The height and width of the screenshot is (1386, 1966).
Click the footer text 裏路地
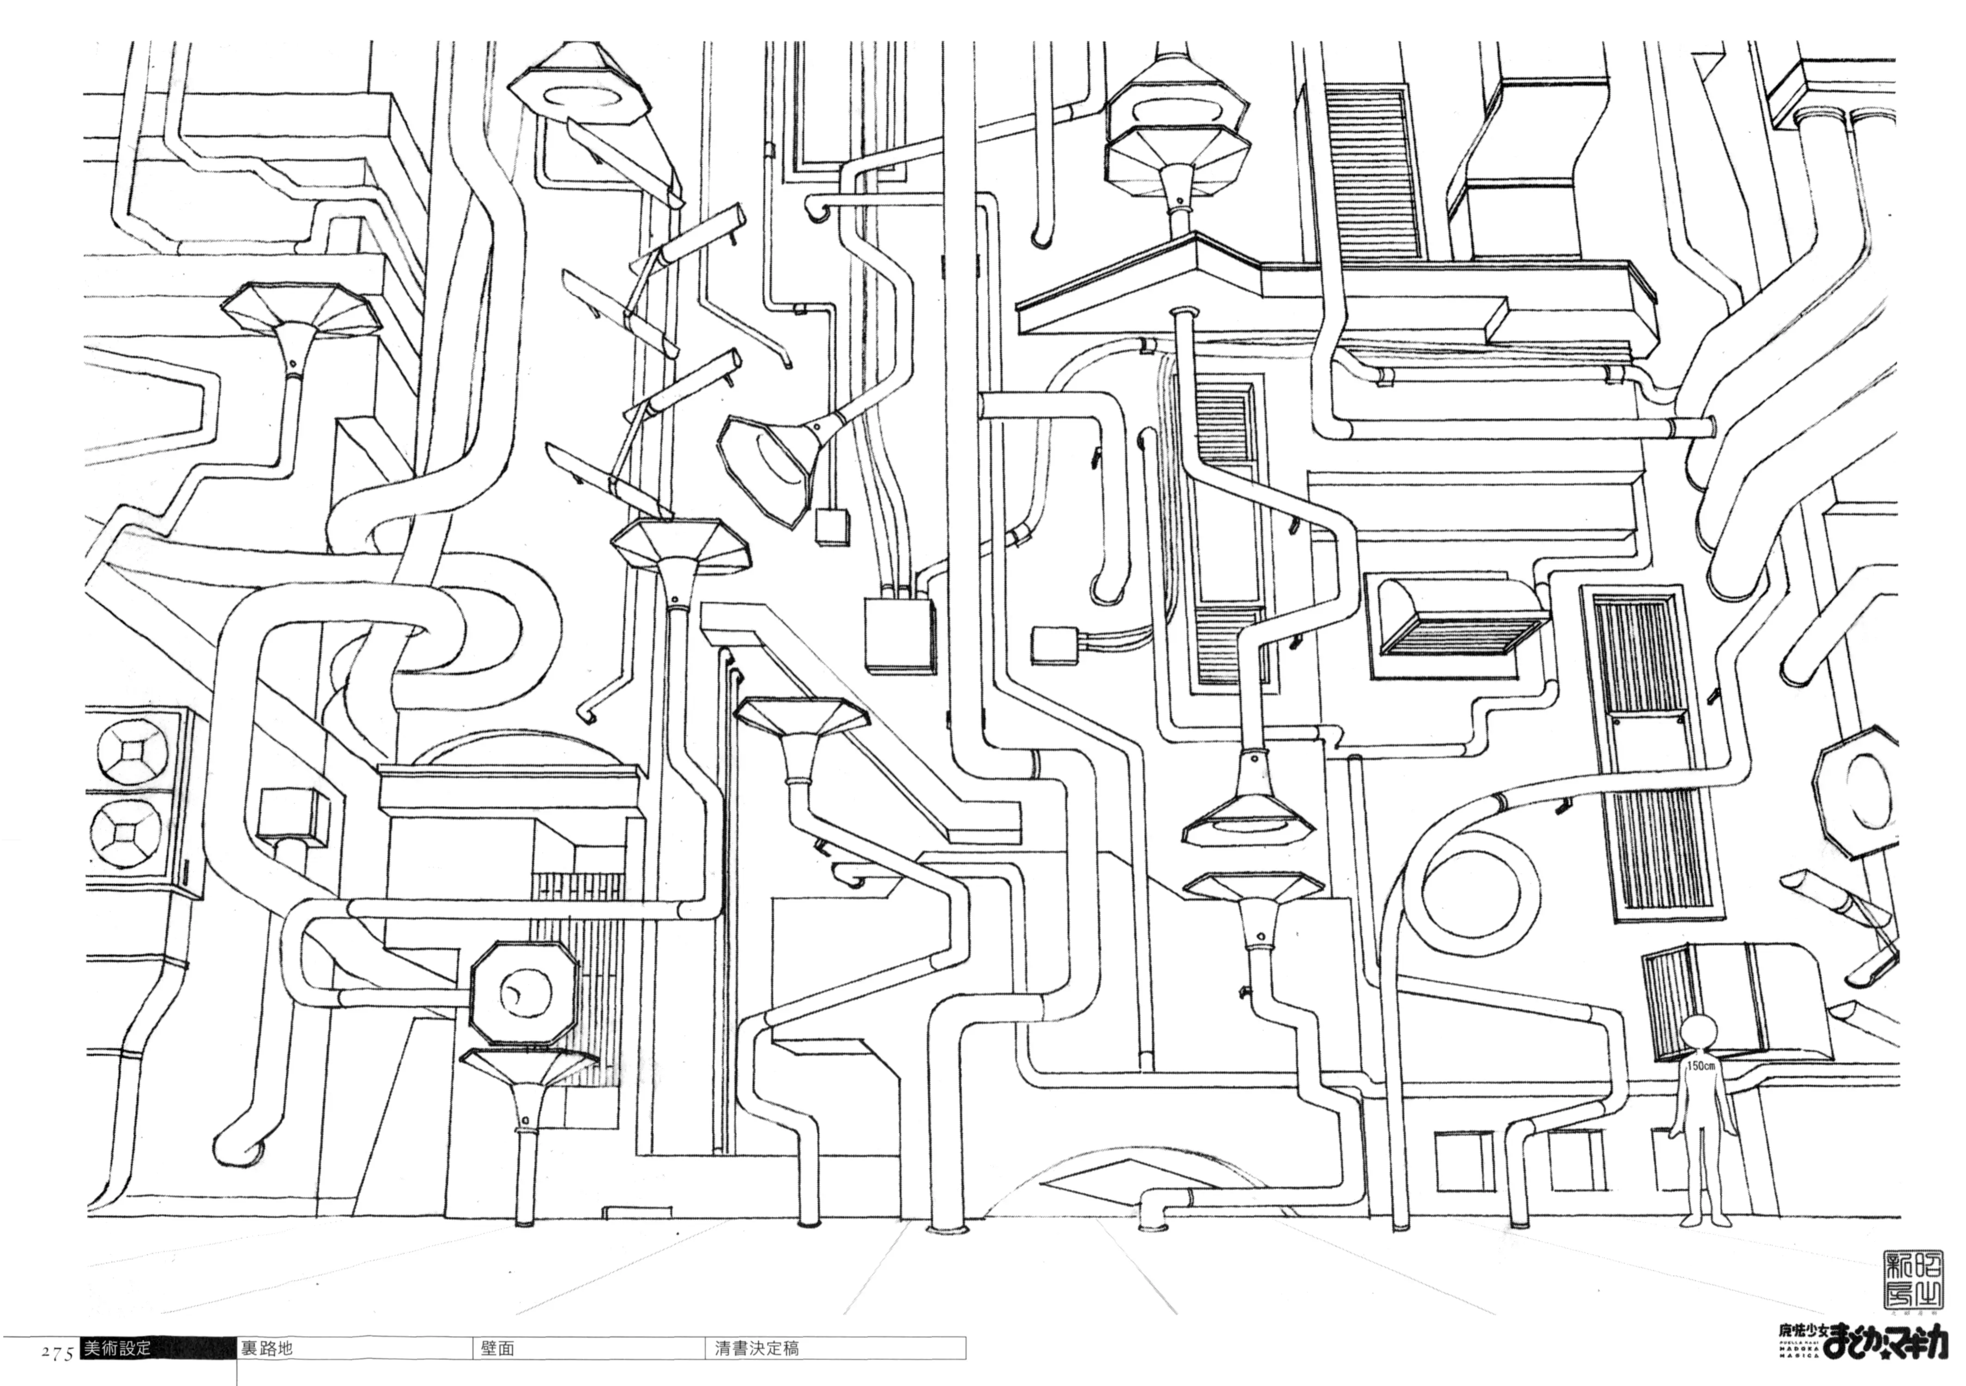266,1348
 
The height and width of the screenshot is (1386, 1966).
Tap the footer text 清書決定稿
757,1348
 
